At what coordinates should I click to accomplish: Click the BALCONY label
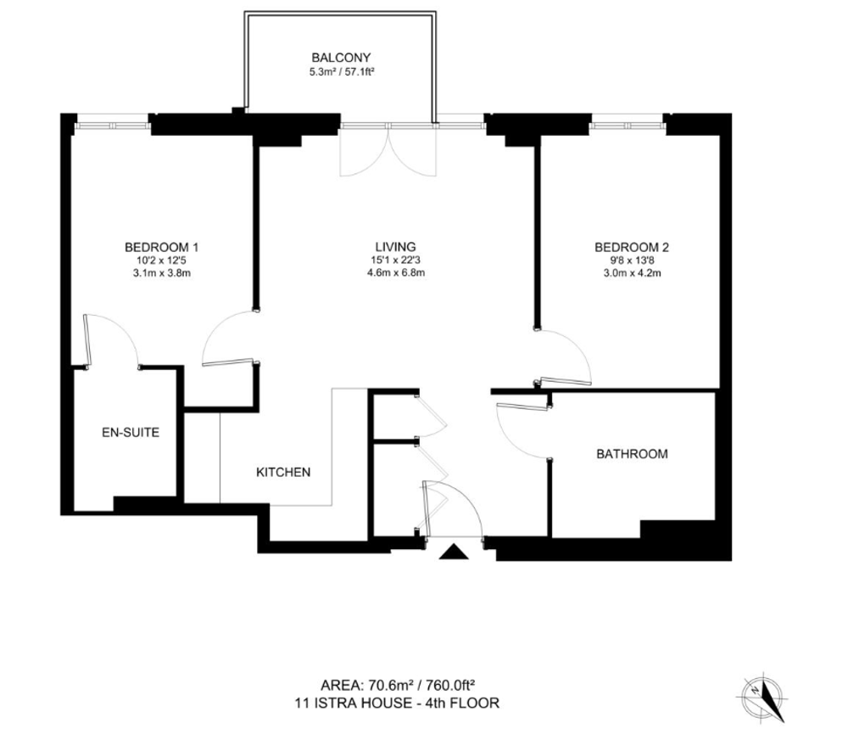[x=341, y=58]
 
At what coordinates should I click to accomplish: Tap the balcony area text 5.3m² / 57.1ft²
[x=342, y=71]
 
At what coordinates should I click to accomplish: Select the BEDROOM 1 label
[x=161, y=248]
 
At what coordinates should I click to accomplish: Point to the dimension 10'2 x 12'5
[x=161, y=261]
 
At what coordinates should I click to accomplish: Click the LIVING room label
[x=396, y=247]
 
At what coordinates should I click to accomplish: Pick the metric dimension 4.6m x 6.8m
[x=396, y=272]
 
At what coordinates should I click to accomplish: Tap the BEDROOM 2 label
[x=632, y=248]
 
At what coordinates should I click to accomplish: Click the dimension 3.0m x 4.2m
[x=632, y=272]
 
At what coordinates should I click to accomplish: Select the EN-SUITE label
[x=131, y=432]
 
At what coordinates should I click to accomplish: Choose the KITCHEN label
[x=283, y=472]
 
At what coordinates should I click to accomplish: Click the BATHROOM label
[x=632, y=454]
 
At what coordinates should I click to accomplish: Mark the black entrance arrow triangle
[x=453, y=552]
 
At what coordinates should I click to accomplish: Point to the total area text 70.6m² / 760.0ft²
[x=421, y=686]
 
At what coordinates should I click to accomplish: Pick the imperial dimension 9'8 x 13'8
[x=632, y=261]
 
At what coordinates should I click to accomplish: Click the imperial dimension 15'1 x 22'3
[x=396, y=261]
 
